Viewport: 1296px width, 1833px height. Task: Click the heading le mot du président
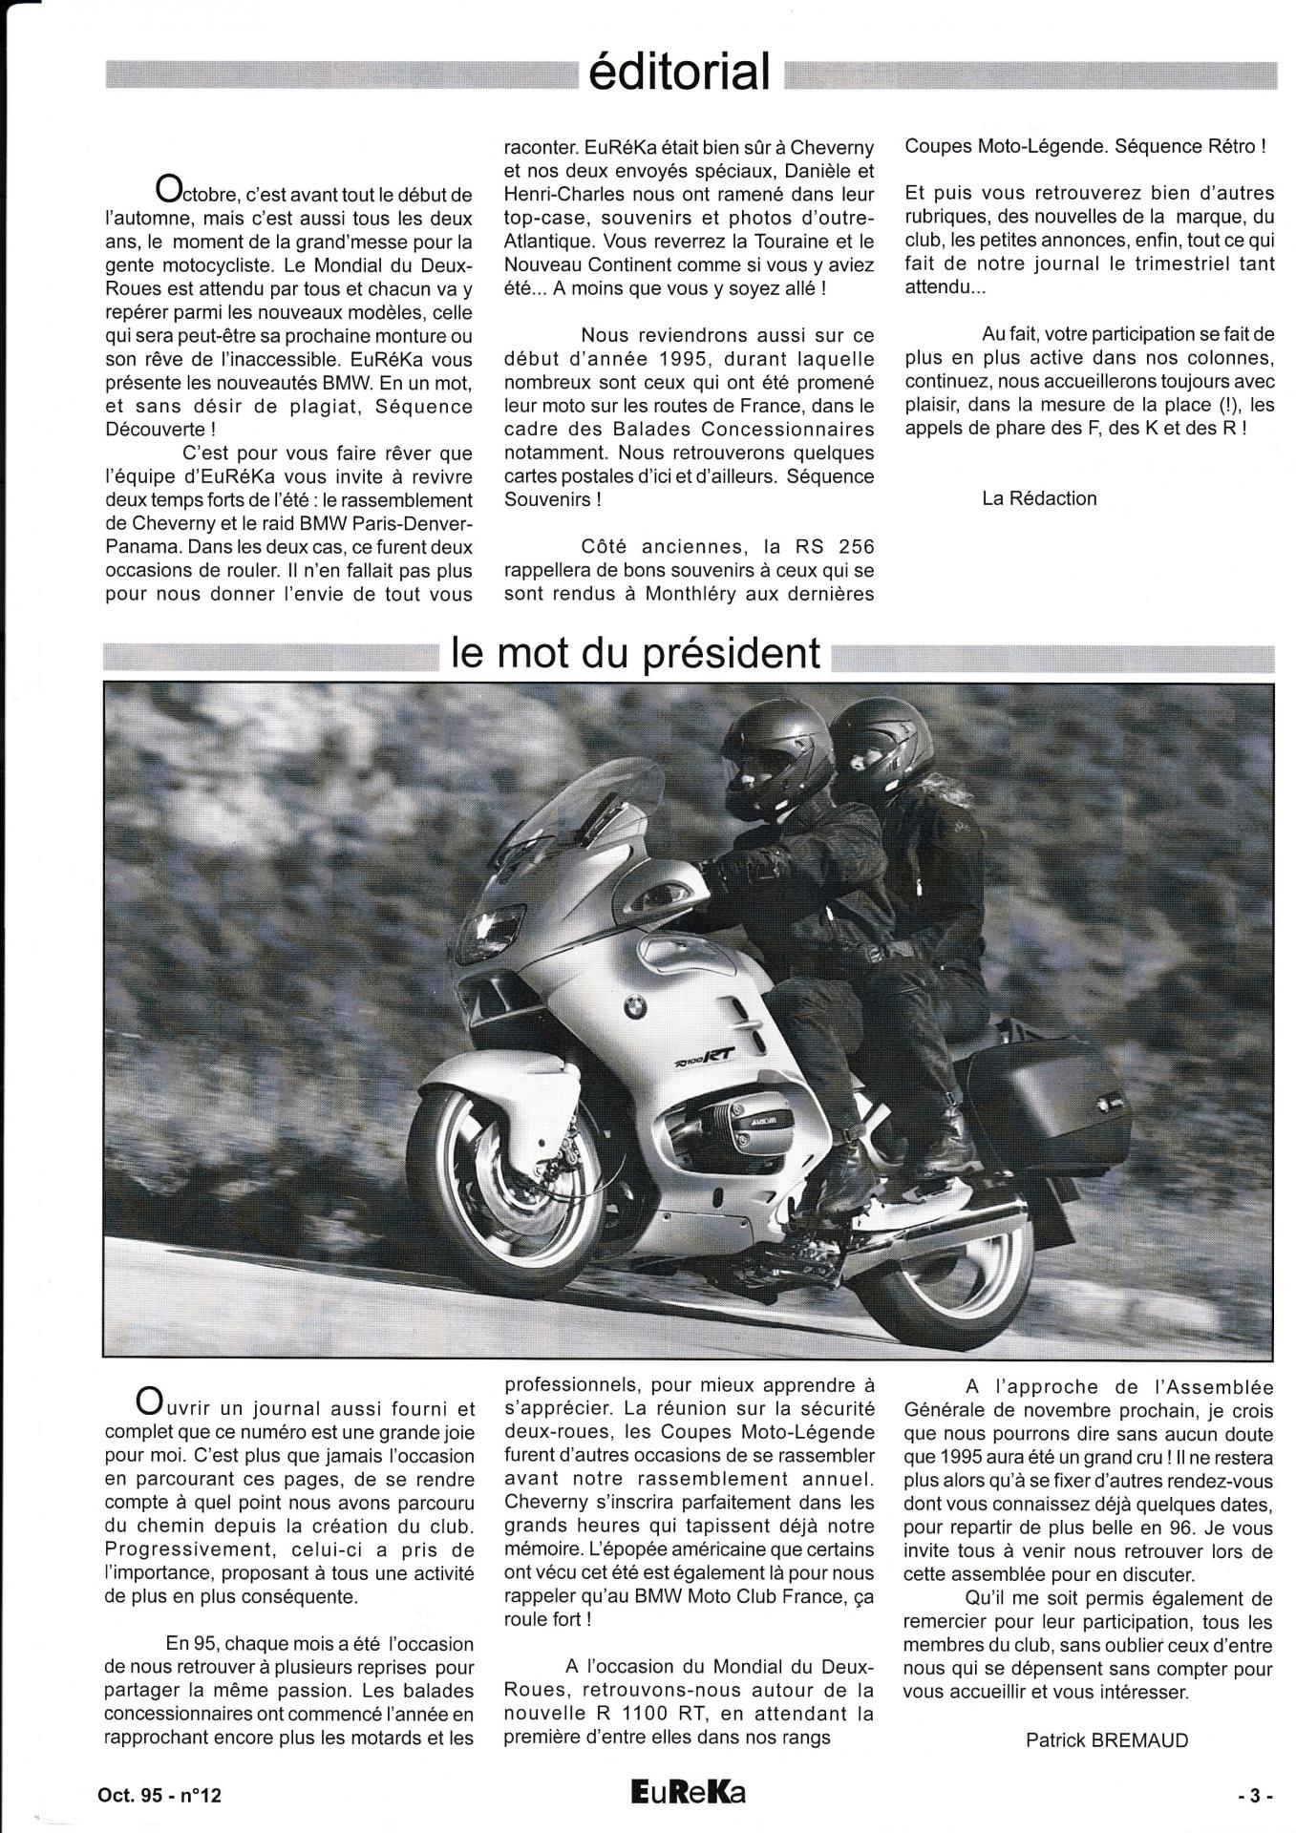coord(636,653)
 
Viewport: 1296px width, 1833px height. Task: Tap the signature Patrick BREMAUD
coord(1106,1739)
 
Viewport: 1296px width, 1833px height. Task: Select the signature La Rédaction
coord(1039,498)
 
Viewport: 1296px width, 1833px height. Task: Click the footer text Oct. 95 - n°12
coord(159,1795)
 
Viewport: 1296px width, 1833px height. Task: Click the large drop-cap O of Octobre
coord(168,189)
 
